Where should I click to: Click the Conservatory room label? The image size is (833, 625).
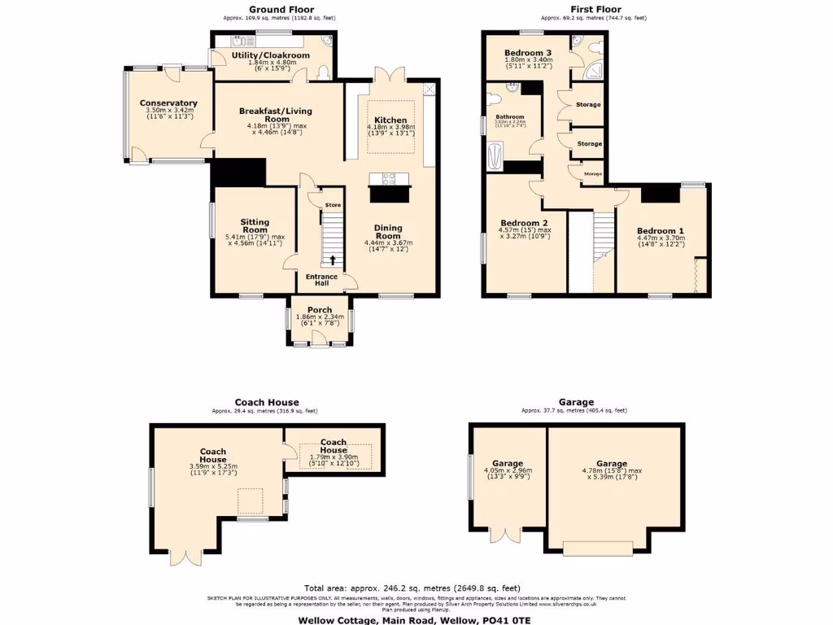click(168, 103)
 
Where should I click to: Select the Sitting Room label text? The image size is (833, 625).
click(254, 225)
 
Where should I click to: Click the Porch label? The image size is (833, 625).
click(319, 309)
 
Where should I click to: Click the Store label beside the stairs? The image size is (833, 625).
click(333, 205)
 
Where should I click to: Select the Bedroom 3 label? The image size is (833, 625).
click(528, 52)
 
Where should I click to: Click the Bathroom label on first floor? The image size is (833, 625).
click(510, 116)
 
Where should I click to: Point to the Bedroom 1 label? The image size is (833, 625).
click(661, 229)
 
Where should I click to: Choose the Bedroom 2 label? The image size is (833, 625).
click(524, 223)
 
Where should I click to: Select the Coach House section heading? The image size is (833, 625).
click(267, 402)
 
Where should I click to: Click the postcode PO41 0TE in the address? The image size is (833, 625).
click(512, 618)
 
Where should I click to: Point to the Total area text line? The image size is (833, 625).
click(412, 588)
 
